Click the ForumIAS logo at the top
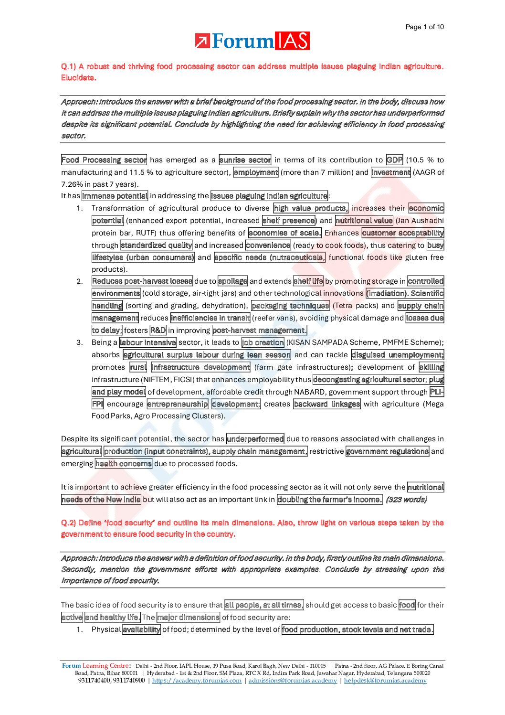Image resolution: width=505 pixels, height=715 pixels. [252, 41]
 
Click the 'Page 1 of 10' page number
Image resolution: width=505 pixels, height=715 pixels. [424, 27]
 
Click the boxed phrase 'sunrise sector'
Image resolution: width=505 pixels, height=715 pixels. [245, 160]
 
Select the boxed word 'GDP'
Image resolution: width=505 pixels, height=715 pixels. [395, 160]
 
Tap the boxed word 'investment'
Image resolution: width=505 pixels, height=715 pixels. [390, 172]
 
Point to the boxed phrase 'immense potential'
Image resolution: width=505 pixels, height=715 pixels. [115, 196]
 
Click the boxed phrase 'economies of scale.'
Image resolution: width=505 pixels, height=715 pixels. [285, 233]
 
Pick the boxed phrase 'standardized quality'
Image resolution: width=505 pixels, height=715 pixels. [157, 245]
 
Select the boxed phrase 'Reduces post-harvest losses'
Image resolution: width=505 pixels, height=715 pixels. [142, 281]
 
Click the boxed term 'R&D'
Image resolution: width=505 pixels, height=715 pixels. [158, 331]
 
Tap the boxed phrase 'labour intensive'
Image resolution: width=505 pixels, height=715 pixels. [148, 342]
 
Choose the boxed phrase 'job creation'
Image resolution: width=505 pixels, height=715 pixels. [263, 342]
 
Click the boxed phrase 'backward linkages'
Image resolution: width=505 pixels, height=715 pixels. [327, 404]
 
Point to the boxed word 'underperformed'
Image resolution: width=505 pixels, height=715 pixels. [255, 439]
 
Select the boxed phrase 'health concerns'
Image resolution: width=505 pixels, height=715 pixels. [124, 464]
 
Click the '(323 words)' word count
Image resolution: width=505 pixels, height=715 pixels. [406, 500]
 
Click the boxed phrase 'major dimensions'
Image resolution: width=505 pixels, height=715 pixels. [189, 618]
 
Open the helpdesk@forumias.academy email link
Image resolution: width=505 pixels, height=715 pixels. [385, 681]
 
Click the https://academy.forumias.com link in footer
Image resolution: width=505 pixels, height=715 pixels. [197, 681]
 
